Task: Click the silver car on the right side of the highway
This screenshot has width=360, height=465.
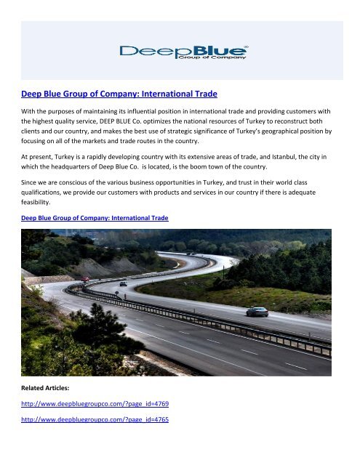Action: tap(257, 312)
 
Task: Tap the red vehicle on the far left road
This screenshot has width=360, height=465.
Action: tap(85, 279)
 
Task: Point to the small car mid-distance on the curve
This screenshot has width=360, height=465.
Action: tap(123, 283)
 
